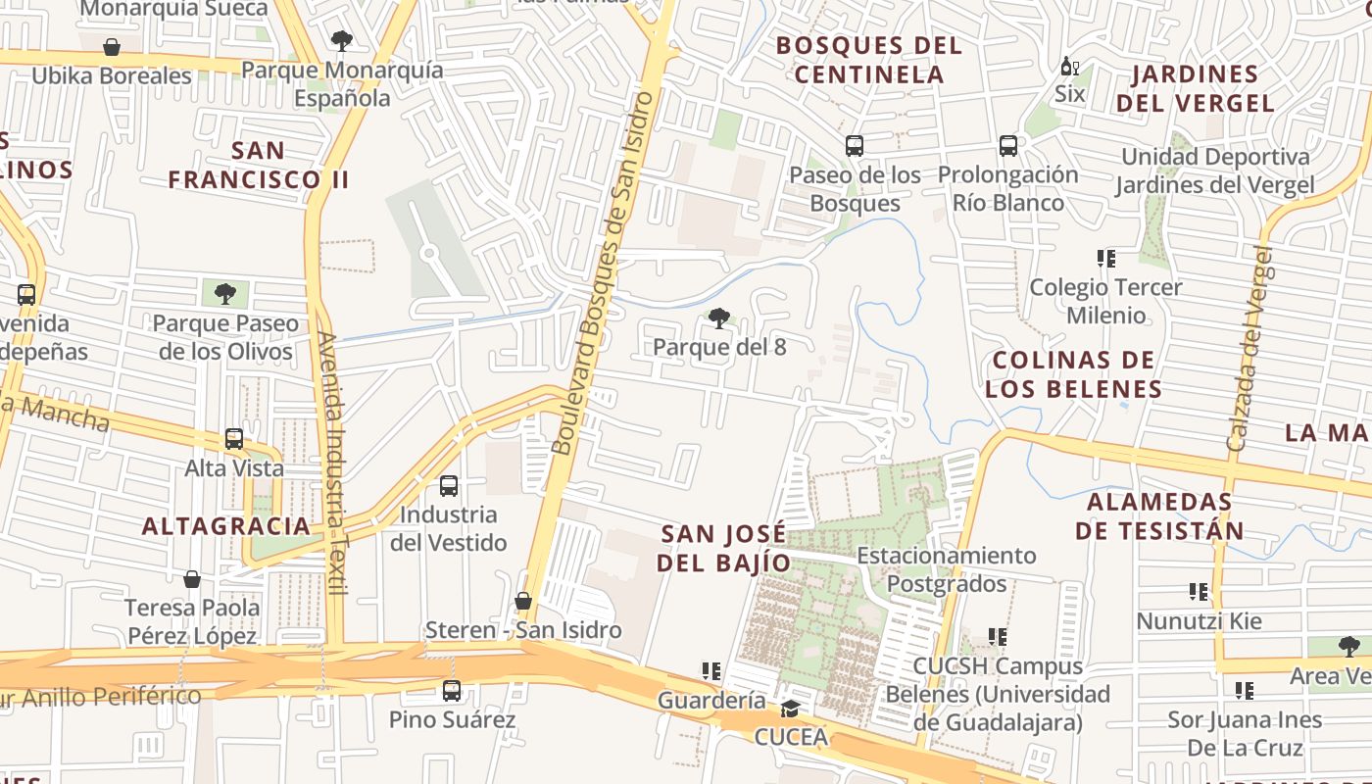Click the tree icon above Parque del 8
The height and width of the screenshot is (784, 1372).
click(718, 318)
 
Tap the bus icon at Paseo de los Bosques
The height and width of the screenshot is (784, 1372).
click(855, 147)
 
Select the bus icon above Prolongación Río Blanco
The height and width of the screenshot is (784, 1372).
click(1008, 146)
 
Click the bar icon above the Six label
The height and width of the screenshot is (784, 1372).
click(1069, 67)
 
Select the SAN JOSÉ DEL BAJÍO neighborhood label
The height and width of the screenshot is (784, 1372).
click(724, 548)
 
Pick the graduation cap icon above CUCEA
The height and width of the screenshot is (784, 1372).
click(790, 709)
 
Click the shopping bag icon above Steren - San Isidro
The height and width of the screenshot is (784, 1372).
click(523, 601)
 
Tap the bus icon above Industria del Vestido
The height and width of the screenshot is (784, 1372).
click(449, 486)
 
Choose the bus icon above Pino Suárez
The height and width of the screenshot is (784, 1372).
click(452, 691)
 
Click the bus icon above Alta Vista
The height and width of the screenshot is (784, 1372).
click(234, 439)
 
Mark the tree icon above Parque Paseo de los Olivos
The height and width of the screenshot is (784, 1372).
click(225, 294)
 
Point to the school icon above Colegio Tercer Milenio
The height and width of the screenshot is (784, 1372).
click(1106, 259)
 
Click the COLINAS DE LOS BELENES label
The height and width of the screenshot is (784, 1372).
click(1074, 374)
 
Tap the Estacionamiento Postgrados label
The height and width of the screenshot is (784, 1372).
click(947, 569)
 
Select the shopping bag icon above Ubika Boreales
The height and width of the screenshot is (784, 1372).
click(112, 47)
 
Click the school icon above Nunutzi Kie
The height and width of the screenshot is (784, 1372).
click(1199, 592)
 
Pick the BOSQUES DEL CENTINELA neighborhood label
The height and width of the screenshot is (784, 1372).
click(869, 60)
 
